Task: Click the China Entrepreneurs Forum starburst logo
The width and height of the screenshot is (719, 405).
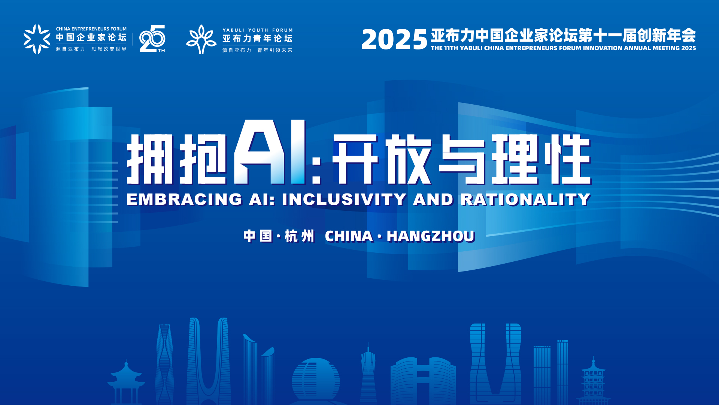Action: pyautogui.click(x=37, y=39)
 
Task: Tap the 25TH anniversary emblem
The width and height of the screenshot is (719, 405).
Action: pyautogui.click(x=152, y=39)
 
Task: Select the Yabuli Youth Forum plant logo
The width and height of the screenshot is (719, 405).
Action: pyautogui.click(x=201, y=39)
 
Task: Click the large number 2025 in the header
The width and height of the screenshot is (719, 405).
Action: pyautogui.click(x=394, y=39)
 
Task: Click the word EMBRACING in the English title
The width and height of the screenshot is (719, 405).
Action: pyautogui.click(x=184, y=199)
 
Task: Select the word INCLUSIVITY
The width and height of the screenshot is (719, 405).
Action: pyautogui.click(x=344, y=199)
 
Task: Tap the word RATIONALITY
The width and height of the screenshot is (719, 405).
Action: pyautogui.click(x=525, y=199)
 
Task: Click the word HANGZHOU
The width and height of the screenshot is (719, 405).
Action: pyautogui.click(x=431, y=236)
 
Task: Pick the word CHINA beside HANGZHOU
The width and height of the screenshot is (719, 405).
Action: pyautogui.click(x=349, y=236)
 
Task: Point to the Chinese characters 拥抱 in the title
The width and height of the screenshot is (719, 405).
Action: pyautogui.click(x=177, y=159)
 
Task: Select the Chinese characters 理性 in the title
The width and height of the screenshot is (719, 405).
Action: pyautogui.click(x=541, y=159)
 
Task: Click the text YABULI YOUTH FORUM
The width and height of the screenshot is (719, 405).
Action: pyautogui.click(x=258, y=30)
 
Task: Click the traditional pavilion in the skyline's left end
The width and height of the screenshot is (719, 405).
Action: pyautogui.click(x=126, y=382)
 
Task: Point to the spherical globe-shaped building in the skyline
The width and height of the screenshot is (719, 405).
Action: pyautogui.click(x=316, y=379)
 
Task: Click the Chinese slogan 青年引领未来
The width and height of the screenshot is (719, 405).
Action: pyautogui.click(x=275, y=50)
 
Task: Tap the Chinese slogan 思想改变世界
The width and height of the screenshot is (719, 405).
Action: pyautogui.click(x=109, y=49)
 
